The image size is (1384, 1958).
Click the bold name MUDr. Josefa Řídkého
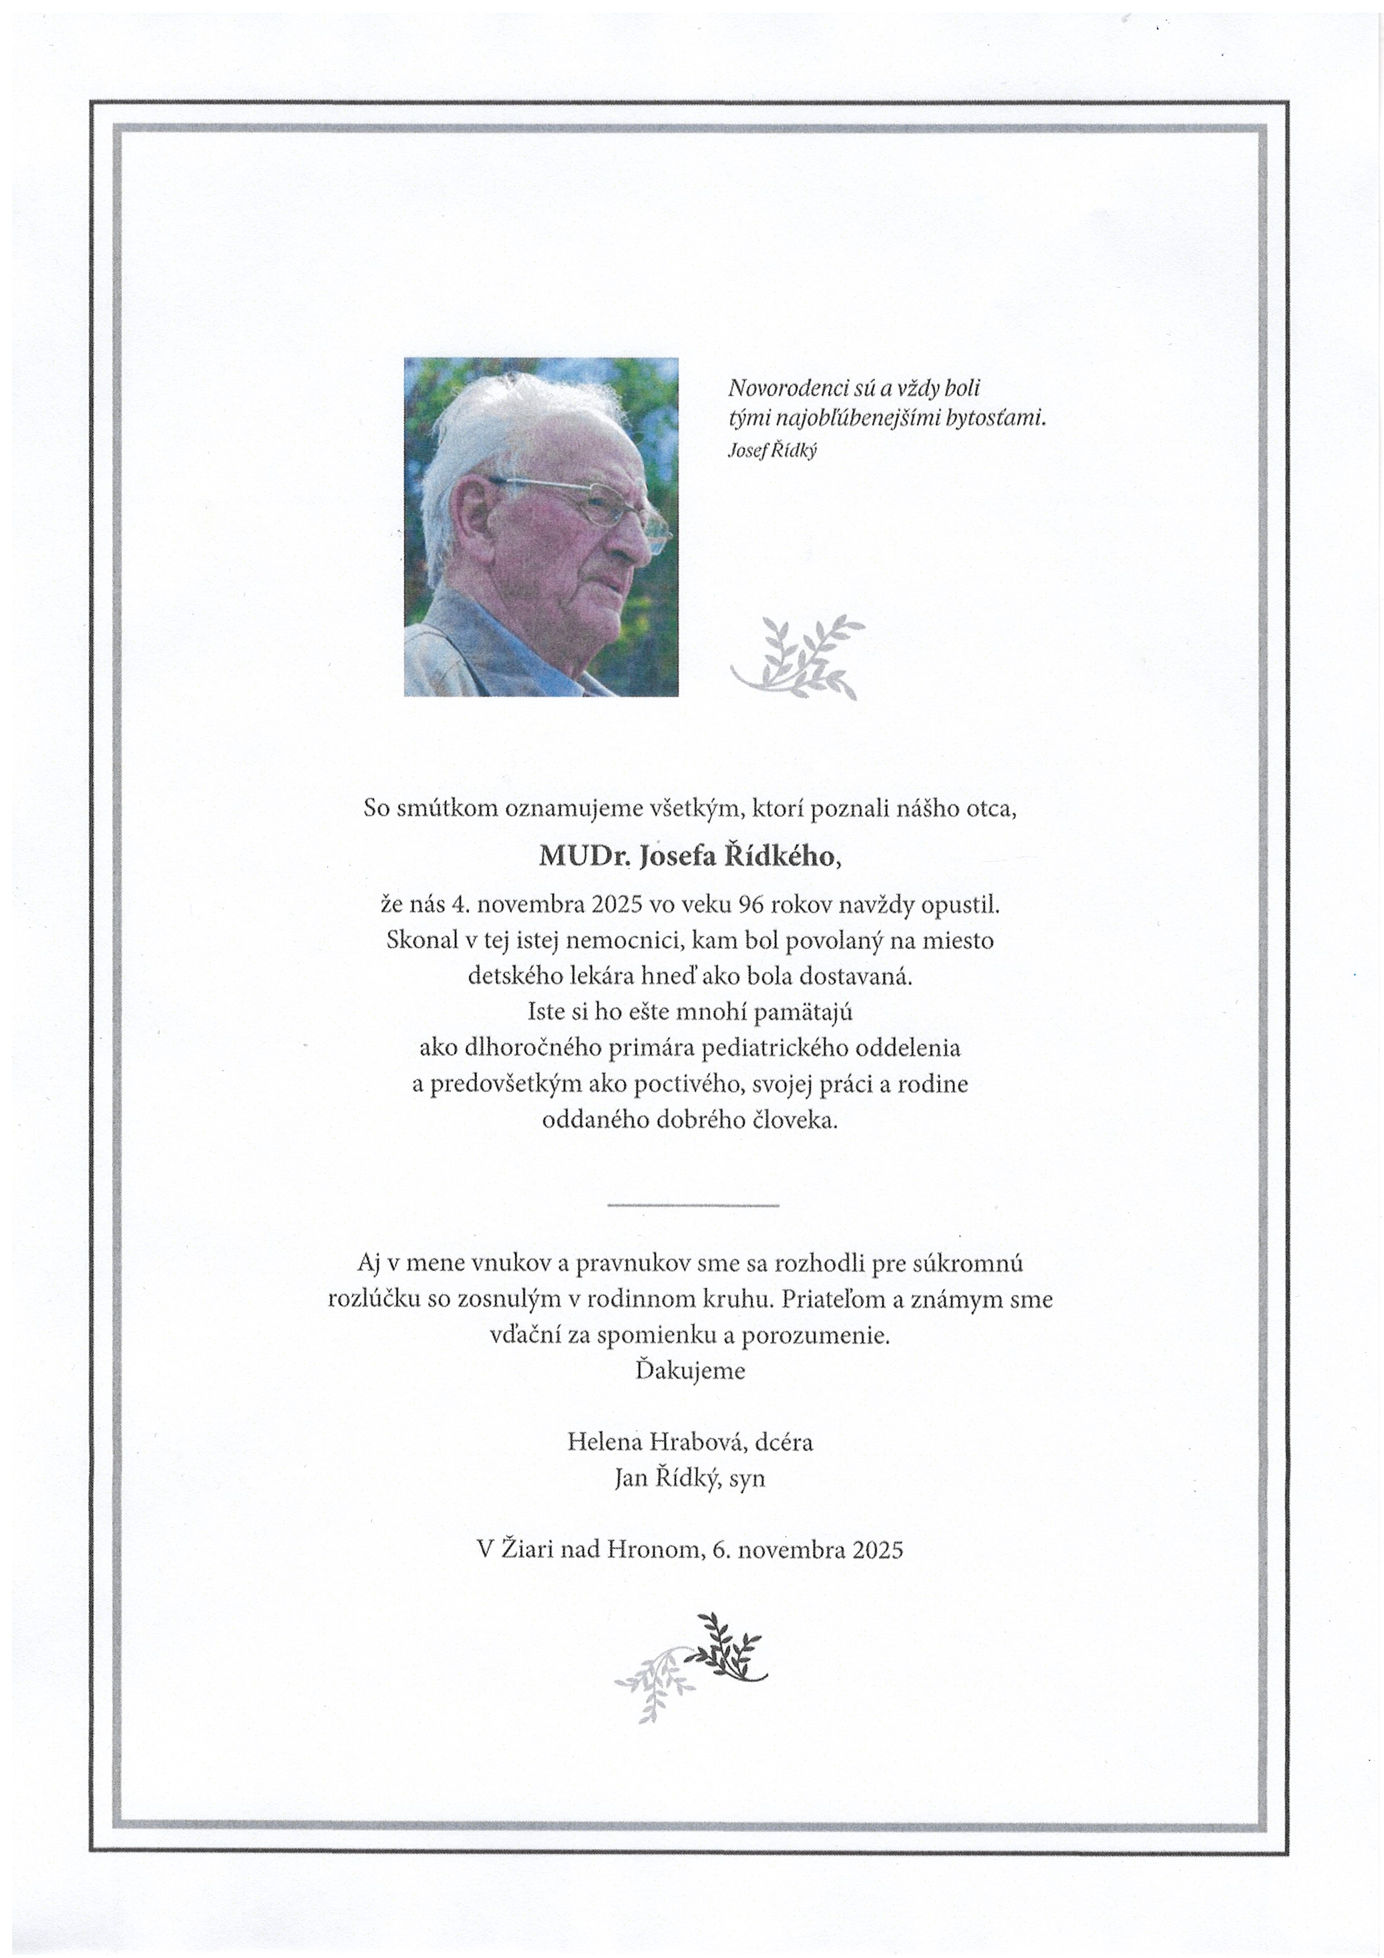coord(690,856)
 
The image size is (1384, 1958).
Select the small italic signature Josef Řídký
coord(772,451)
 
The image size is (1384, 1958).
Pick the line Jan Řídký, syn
coord(690,1478)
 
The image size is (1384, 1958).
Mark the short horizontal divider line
coord(693,1205)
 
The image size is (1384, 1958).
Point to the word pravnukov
coord(622,1263)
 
